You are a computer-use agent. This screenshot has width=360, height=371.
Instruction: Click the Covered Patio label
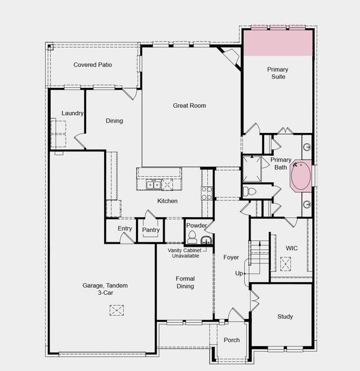coord(93,65)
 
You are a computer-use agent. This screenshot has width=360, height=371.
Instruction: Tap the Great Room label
coord(189,106)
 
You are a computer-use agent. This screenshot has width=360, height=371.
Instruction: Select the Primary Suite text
coord(278,73)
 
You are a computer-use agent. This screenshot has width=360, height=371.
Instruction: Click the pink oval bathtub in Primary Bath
coord(302,176)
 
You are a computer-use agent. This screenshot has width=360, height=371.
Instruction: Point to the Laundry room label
coord(72,113)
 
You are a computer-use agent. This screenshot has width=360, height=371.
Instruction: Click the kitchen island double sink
coord(153,185)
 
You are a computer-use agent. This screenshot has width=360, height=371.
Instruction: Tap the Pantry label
coord(151,230)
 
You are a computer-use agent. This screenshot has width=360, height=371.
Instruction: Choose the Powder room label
coord(196,226)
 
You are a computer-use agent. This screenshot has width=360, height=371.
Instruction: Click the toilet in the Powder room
coord(192,238)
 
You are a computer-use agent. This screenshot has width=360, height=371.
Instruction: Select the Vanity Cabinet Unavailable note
coord(184,253)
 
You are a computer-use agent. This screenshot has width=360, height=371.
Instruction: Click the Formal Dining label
coord(185,282)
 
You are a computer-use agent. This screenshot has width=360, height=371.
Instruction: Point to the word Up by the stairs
coord(239,273)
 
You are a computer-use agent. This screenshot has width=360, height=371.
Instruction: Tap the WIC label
coord(291,248)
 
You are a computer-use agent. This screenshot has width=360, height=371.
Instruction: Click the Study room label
coord(285,317)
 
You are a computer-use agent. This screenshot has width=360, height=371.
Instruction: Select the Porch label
coord(232,340)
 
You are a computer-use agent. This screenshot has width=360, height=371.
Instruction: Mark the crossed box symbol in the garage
coord(117,309)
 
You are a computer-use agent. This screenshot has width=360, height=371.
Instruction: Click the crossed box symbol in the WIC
coord(286,263)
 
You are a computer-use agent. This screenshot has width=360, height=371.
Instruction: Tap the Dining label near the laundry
coord(114,121)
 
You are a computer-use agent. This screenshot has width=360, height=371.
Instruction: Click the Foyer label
coord(231,257)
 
